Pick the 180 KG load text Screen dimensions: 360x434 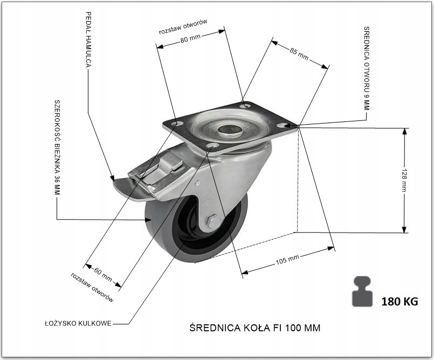399,301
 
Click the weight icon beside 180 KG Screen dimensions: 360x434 363,292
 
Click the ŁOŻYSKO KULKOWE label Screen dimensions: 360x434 78,324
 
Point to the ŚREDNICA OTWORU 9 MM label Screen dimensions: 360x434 367,68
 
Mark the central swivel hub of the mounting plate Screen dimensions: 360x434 229,130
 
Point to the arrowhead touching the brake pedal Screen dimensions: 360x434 113,177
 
